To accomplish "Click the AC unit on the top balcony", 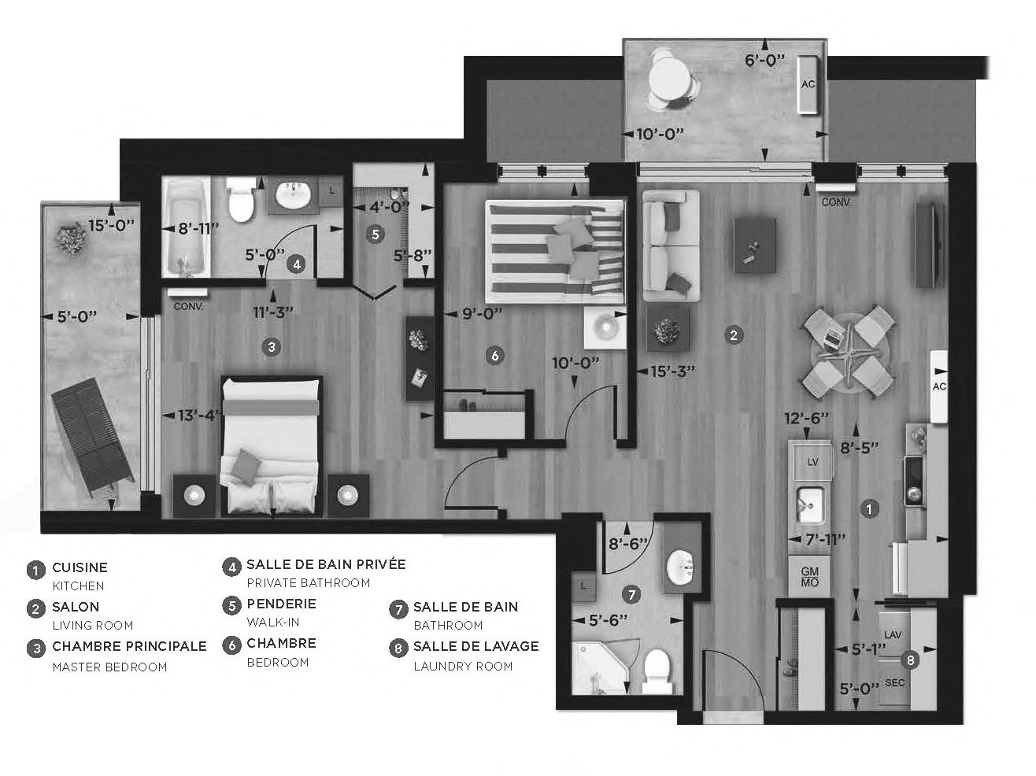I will coord(808,84).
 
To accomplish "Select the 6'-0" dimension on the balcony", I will coord(764,60).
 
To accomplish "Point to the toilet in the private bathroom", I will coord(240,201).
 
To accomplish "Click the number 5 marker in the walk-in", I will coord(375,234).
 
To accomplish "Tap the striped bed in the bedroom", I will coord(554,250).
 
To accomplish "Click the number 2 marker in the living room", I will coord(733,334).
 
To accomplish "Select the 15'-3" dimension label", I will coord(667,370).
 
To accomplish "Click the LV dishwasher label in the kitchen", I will coord(812,462).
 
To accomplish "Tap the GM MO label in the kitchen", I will coord(809,577).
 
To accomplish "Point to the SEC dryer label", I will coord(894,682).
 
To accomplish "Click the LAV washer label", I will coord(893,634).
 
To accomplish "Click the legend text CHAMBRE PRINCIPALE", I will coord(129,646).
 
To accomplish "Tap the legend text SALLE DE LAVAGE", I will coord(475,646).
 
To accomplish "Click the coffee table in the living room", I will coord(754,246).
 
